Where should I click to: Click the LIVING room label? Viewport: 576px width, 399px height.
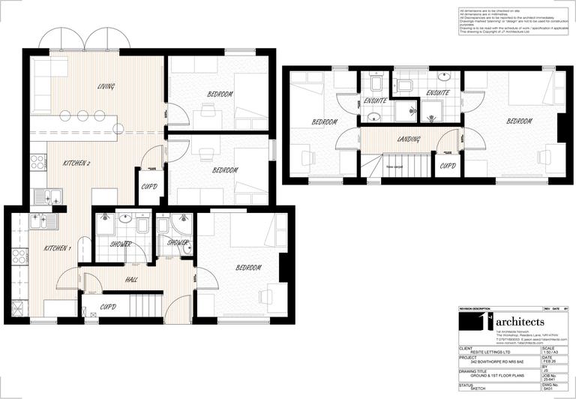click(106, 86)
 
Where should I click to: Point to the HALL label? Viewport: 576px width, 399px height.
click(131, 280)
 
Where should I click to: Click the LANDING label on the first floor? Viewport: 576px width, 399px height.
click(409, 139)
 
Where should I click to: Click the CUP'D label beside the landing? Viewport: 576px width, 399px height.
click(448, 166)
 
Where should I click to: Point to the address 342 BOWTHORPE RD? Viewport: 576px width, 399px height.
click(493, 361)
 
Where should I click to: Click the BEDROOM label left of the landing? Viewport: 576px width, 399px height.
click(325, 122)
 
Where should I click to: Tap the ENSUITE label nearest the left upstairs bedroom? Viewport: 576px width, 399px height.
click(374, 100)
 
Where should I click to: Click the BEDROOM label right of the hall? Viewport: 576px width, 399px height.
click(248, 268)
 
